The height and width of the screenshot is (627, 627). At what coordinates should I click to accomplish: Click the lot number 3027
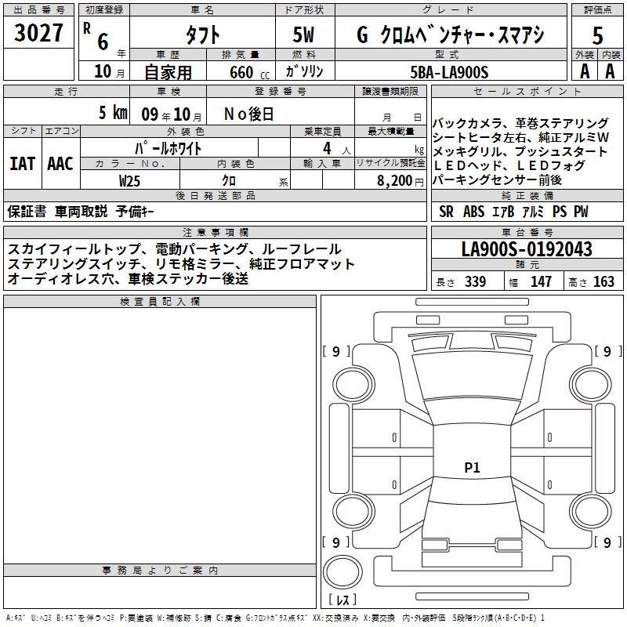coord(38,33)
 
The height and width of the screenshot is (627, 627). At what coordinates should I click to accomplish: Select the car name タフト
coord(202,34)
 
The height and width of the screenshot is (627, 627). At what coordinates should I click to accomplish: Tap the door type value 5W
coord(303,34)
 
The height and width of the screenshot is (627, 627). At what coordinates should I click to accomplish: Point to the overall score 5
coord(597,36)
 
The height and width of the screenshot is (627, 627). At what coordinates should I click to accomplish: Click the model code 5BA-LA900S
coord(449,72)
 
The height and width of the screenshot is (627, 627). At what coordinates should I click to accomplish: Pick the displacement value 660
coord(241,72)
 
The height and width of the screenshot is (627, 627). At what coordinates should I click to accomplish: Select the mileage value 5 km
coord(113,112)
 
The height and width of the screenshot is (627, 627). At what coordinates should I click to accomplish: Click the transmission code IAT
coord(22,164)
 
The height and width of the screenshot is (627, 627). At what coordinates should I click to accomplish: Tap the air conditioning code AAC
coord(60,164)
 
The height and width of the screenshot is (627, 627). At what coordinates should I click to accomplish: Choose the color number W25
coord(129,181)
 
